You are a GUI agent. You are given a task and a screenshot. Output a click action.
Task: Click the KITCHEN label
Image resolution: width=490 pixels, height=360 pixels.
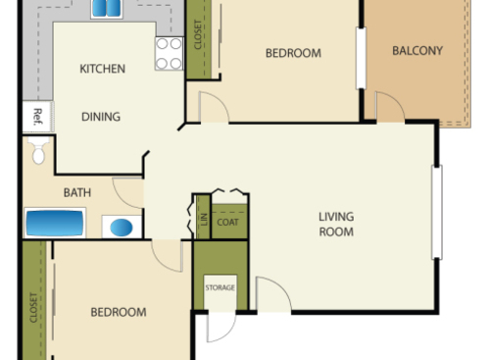pyautogui.click(x=102, y=69)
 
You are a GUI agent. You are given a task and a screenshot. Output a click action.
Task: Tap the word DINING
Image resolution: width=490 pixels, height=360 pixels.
pyautogui.click(x=101, y=117)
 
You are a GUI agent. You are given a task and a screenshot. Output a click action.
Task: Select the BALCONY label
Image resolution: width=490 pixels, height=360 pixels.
pyautogui.click(x=417, y=51)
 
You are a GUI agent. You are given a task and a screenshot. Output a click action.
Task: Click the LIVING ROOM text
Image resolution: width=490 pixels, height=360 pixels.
pyautogui.click(x=336, y=225)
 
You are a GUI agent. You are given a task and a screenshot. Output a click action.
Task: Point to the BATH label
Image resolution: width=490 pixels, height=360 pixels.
pyautogui.click(x=77, y=192)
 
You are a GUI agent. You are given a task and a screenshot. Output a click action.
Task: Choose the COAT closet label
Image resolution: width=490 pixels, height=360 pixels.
pyautogui.click(x=227, y=222)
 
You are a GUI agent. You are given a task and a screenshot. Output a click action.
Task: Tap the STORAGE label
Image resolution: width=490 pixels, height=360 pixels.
pyautogui.click(x=220, y=287)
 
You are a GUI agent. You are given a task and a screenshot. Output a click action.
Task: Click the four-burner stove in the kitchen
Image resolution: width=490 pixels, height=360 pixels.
pyautogui.click(x=169, y=54)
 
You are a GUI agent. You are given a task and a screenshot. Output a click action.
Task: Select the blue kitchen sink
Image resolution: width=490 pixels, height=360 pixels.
pyautogui.click(x=106, y=9)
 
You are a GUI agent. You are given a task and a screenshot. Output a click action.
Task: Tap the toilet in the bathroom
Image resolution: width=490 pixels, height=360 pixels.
pyautogui.click(x=39, y=153)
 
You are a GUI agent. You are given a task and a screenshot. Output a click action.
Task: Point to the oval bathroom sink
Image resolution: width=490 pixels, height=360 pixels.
pyautogui.click(x=121, y=228)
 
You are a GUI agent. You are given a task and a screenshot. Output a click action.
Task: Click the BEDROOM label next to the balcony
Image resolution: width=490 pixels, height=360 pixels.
pyautogui.click(x=293, y=53)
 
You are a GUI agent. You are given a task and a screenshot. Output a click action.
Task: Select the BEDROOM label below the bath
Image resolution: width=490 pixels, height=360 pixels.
pyautogui.click(x=119, y=312)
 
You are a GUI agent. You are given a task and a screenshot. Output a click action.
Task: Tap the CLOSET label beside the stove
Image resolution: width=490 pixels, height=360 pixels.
pyautogui.click(x=199, y=35)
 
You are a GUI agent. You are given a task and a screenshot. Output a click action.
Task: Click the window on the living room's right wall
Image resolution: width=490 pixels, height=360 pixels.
pyautogui.click(x=437, y=212)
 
